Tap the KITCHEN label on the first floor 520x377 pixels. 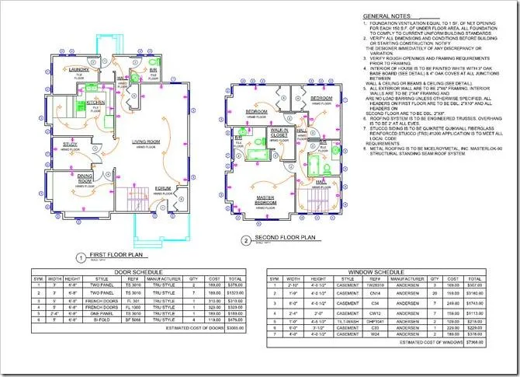point(95,102)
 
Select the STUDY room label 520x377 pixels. point(69,143)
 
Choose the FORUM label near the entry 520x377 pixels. point(163,187)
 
